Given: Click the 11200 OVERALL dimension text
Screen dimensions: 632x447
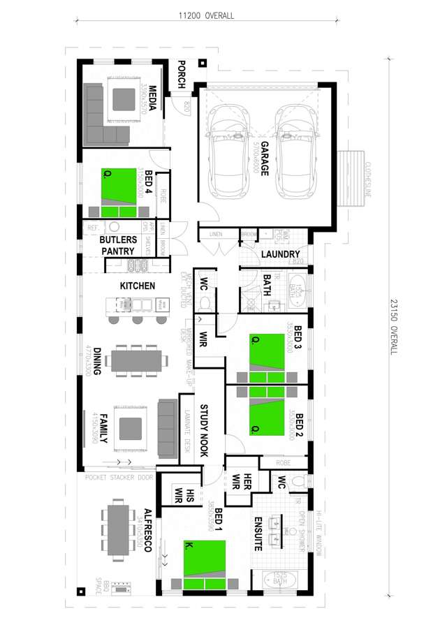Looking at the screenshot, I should (x=206, y=15).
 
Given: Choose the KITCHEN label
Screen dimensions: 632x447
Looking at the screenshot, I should (x=138, y=286).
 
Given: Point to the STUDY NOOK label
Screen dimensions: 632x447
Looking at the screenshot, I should (x=205, y=430).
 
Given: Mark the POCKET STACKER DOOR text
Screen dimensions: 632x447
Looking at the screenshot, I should (x=119, y=478).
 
